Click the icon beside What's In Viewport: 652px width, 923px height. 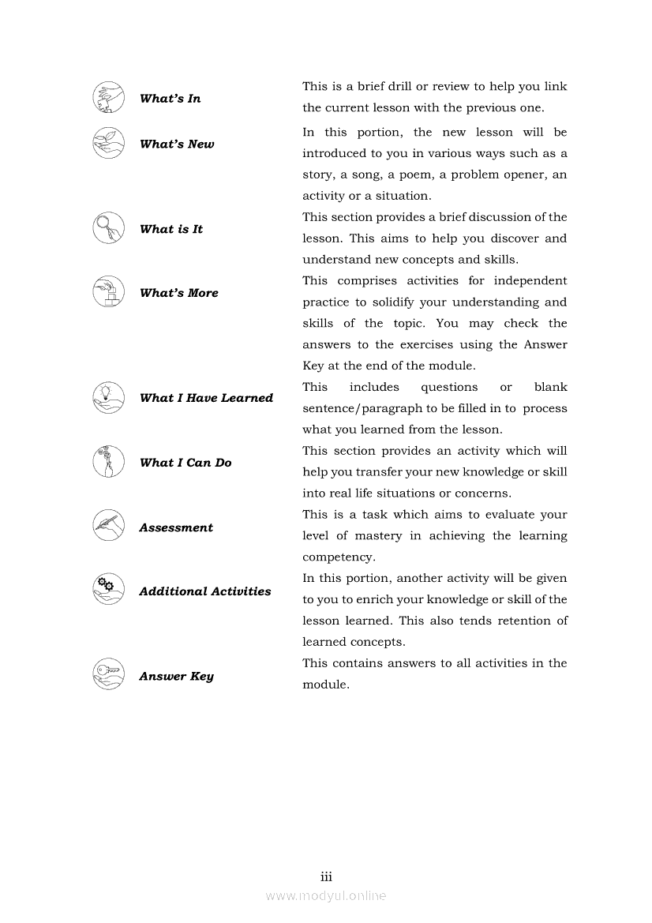coord(108,98)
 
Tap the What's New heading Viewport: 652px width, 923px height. coord(177,144)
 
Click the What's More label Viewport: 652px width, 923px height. coord(178,293)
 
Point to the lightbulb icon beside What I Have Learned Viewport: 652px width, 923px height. coord(108,398)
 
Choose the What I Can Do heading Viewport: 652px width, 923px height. coord(185,463)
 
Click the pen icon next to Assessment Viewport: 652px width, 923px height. coord(108,526)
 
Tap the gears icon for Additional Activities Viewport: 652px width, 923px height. coord(108,589)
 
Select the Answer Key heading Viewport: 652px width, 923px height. coord(176,677)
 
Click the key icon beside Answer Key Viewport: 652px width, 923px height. coord(108,674)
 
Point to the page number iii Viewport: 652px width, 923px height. coord(326,876)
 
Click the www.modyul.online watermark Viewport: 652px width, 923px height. coord(326,895)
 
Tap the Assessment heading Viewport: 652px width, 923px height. coord(176,527)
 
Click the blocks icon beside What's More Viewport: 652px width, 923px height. coord(108,292)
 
